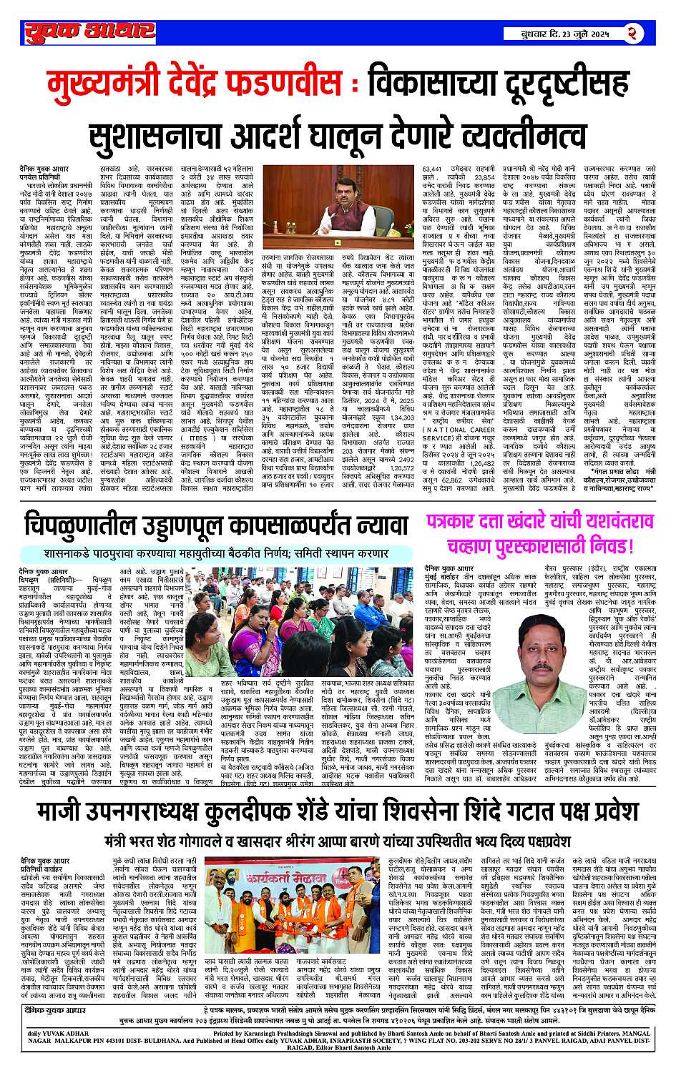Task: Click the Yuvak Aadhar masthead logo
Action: tap(88, 32)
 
